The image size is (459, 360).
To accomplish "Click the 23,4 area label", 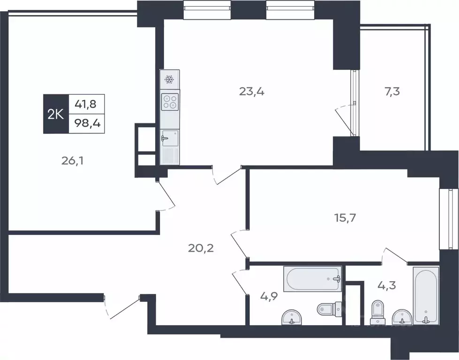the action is [252, 92].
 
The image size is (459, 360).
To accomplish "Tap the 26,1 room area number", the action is [72, 160].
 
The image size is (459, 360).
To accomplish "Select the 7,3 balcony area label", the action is [392, 92].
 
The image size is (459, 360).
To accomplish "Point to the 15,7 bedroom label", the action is [345, 218].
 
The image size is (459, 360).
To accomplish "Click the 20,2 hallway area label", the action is [201, 248].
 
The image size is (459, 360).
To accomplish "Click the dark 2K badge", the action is [56, 114].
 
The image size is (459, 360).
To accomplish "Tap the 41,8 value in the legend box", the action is [86, 104].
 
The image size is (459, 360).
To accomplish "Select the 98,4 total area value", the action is [88, 123].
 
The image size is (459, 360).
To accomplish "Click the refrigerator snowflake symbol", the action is [170, 79].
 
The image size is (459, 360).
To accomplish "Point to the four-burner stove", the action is [170, 102].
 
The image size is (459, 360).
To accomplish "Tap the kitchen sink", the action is [170, 138].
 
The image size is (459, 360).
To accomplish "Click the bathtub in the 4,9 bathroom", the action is [313, 278].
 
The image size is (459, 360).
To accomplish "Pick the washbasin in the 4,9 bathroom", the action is [292, 317].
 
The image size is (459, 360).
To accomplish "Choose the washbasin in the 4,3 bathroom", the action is [402, 317].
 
